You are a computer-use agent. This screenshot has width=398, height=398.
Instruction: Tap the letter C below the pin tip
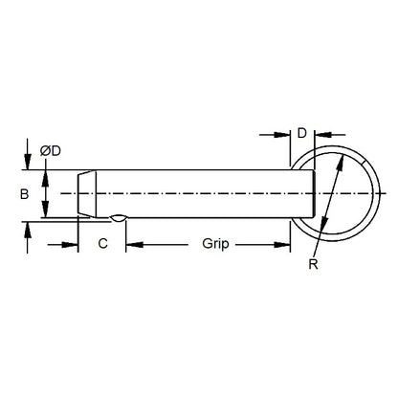(102, 244)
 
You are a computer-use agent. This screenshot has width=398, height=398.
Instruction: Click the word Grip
(215, 244)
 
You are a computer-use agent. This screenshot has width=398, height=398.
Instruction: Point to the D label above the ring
(301, 132)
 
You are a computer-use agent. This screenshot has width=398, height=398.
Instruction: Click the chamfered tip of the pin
(85, 194)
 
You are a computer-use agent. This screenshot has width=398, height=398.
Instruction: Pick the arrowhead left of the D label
(283, 134)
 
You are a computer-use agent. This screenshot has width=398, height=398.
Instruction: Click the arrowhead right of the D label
(321, 134)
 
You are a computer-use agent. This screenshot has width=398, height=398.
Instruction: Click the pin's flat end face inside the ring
(313, 194)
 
